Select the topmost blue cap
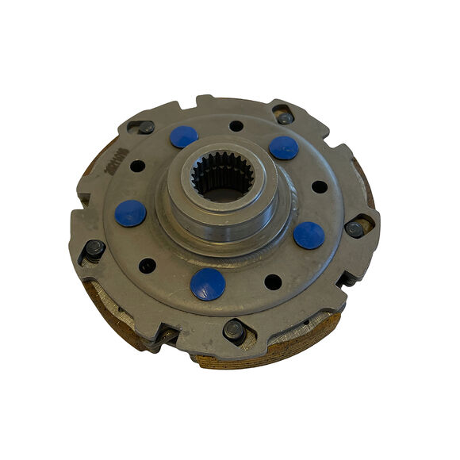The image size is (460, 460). point(184,136)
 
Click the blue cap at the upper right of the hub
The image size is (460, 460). point(283,147)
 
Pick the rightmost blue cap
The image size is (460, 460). point(309,235)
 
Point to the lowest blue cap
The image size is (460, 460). point(208,283)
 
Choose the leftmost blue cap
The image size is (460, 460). point(130,213)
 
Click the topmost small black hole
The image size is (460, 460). point(236,125)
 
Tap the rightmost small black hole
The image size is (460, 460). point(320,187)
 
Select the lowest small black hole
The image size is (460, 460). point(273,282)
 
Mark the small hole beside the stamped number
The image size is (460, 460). point(138,167)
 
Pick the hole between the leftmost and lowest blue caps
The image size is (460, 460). point(148,265)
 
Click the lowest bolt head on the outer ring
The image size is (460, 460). point(233,329)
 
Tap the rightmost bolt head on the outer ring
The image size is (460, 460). point(355,229)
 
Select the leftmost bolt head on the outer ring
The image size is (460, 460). point(94,248)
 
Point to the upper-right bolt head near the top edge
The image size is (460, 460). point(285,117)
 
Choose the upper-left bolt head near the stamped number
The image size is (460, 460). point(146,127)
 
